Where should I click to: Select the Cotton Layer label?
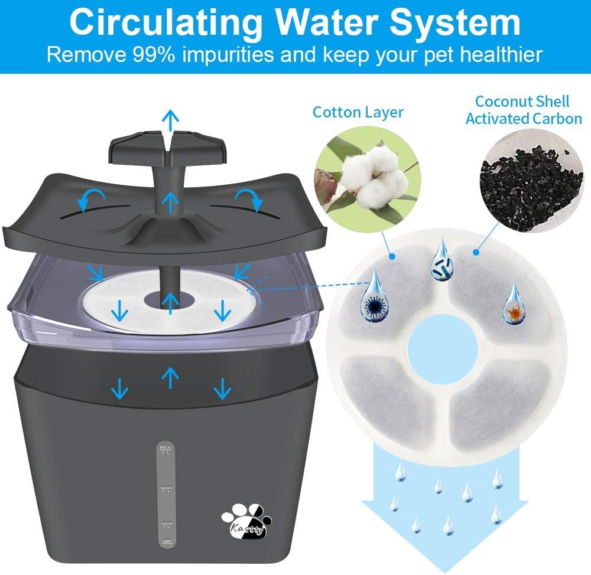(358, 112)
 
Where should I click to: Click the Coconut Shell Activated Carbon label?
(524, 110)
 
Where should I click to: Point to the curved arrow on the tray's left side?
(92, 200)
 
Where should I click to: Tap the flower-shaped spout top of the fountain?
(170, 148)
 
